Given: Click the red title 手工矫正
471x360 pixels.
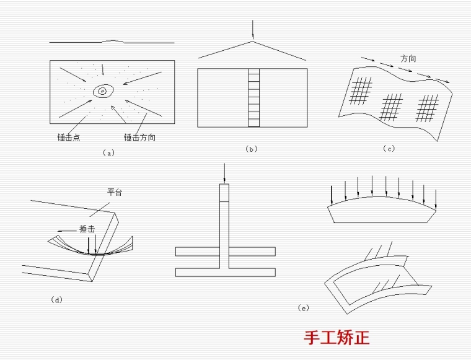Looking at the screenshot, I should (x=337, y=338).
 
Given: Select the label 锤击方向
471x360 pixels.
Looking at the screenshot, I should (x=139, y=138).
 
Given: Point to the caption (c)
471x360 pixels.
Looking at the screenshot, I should (x=389, y=148).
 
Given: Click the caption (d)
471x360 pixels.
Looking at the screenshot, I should (x=56, y=300).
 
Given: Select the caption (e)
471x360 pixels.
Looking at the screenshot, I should (x=303, y=307).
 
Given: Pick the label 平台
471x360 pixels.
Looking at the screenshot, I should (x=115, y=193).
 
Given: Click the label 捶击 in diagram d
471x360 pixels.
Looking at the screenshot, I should (x=87, y=229).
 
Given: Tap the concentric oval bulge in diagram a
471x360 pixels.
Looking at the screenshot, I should (x=102, y=92).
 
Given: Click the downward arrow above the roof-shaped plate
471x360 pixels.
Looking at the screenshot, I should (x=253, y=30).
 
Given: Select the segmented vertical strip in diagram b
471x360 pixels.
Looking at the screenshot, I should (x=253, y=98).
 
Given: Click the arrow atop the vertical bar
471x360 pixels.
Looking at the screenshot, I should (x=224, y=173).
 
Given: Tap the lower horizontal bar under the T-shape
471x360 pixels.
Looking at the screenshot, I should (x=226, y=272).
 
